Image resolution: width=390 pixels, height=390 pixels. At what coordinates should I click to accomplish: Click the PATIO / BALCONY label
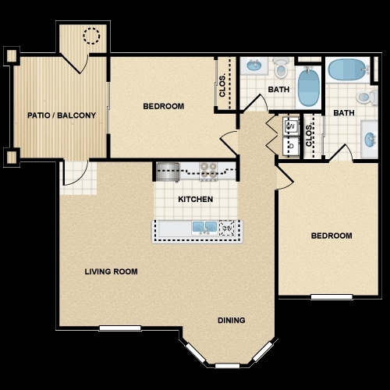point(62,115)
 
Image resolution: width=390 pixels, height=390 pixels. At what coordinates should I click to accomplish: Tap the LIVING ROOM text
point(111,272)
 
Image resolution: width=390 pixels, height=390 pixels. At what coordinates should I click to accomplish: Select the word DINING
point(232,320)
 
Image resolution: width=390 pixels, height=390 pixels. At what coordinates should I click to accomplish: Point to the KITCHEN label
point(195,200)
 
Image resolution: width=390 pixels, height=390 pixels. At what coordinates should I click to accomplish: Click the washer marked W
point(289,126)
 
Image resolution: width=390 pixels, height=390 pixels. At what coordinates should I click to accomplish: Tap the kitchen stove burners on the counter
point(207,168)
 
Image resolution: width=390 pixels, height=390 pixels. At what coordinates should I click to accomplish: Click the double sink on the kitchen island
point(204,228)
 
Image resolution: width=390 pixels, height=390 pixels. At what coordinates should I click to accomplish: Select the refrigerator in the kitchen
point(167,169)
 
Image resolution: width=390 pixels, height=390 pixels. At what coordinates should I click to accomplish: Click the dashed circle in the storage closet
point(92,36)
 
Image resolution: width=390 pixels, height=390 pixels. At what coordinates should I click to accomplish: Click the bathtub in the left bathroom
point(308,87)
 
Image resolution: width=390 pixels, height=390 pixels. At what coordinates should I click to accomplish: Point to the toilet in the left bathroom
point(281,66)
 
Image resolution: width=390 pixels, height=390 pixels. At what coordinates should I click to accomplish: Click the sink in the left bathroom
point(253,66)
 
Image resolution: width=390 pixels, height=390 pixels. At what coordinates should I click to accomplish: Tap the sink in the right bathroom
point(370,140)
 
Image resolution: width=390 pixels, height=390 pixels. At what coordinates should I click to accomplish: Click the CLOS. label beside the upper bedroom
point(223,84)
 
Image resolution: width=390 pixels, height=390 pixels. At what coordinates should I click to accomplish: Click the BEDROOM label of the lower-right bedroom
point(331,236)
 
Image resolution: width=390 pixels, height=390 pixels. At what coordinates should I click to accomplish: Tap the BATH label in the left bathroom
point(278,90)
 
